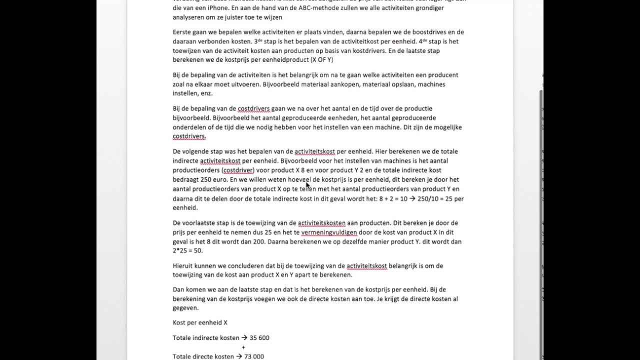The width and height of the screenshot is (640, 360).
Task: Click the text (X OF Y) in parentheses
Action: pos(321,60)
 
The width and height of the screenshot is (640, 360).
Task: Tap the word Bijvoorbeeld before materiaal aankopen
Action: pos(280,84)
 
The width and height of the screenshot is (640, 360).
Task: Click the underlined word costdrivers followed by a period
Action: pos(189,136)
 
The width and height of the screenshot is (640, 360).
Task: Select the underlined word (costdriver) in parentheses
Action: pos(238,170)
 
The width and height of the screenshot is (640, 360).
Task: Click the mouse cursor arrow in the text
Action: pos(307,184)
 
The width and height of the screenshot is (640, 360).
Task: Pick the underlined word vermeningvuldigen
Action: pos(329,232)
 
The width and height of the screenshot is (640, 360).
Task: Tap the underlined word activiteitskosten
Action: pos(321,223)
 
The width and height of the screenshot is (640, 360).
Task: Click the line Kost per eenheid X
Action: pos(200,323)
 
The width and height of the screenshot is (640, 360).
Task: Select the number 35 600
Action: pos(259,338)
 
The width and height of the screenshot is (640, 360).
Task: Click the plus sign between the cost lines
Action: pos(243,347)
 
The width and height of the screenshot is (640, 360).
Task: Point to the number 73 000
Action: pos(254,356)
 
